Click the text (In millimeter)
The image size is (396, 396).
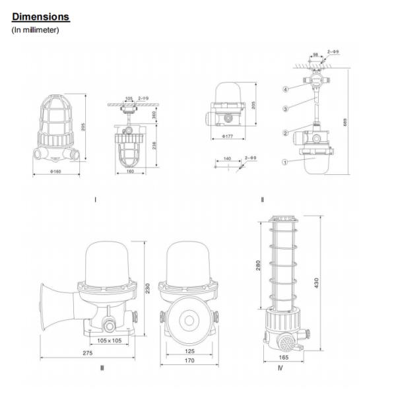(36, 30)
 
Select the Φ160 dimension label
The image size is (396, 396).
(55, 174)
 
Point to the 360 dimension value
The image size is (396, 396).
(154, 115)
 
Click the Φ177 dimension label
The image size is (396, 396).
(227, 137)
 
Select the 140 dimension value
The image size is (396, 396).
(228, 158)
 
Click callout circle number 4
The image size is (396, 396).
(286, 88)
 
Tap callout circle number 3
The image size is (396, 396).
(286, 108)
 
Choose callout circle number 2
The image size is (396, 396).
(286, 133)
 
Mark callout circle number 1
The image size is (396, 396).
(286, 160)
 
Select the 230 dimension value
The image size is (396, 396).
(148, 288)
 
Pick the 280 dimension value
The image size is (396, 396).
(259, 265)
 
